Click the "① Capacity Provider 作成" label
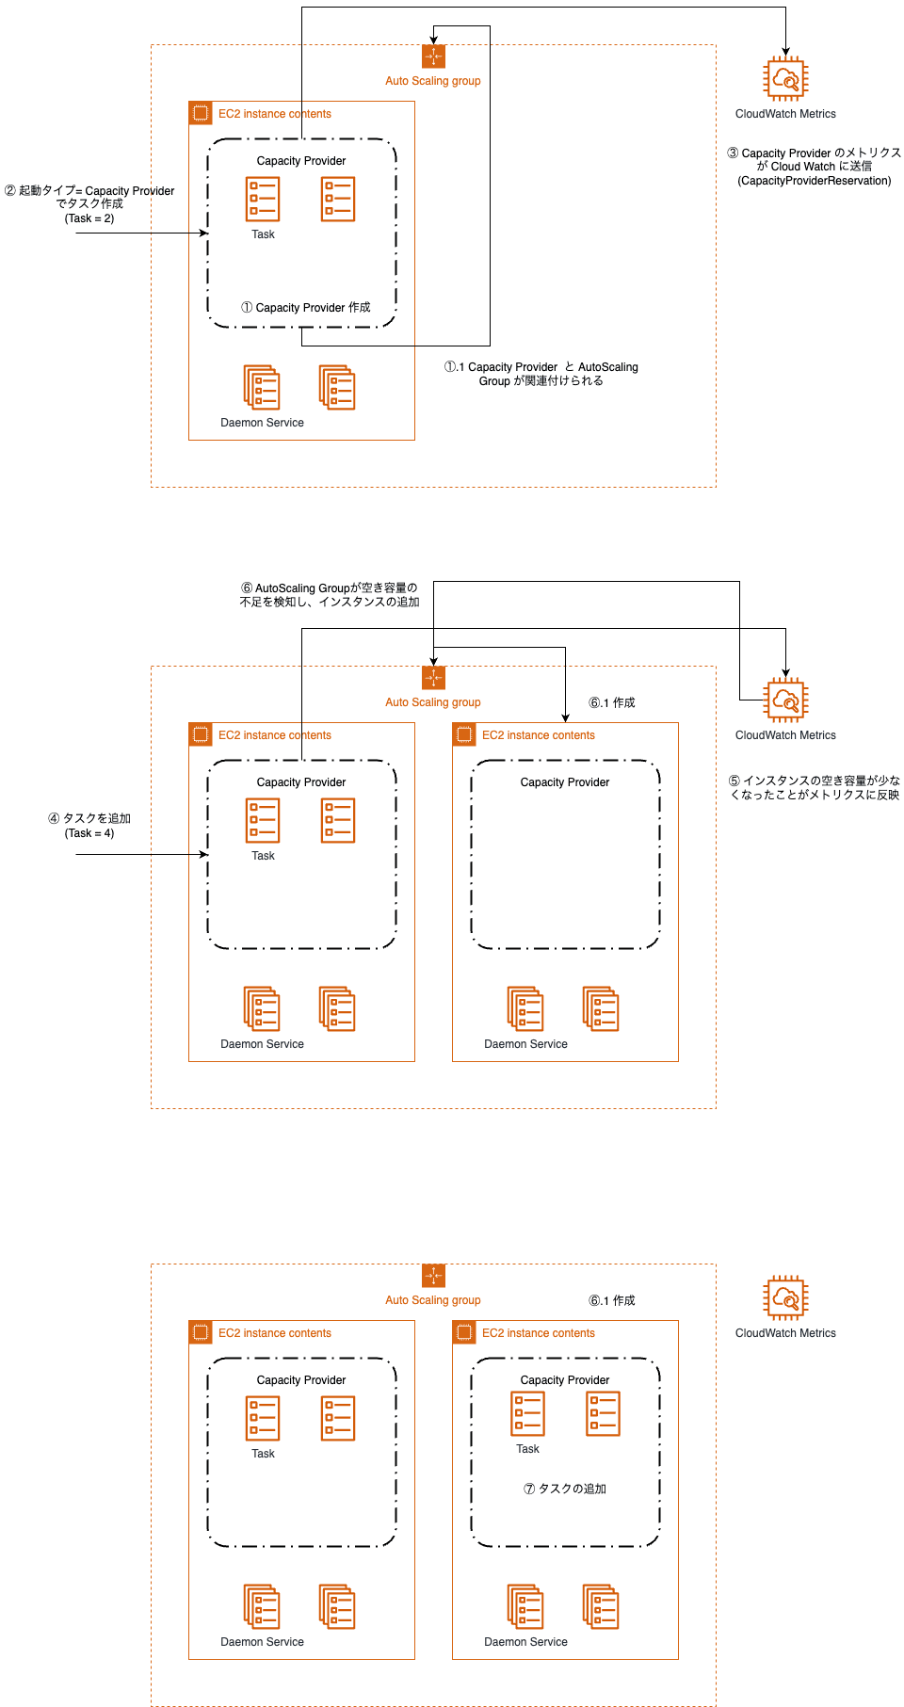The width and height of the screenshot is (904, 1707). (x=306, y=308)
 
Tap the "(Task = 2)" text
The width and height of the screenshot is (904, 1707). (x=89, y=218)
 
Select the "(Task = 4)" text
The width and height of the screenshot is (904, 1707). (x=89, y=833)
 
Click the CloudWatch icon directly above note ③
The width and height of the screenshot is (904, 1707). (x=785, y=79)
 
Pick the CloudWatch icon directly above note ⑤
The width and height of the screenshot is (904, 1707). (x=785, y=701)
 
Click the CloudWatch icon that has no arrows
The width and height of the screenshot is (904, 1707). (x=785, y=1298)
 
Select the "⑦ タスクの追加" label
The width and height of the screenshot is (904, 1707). (x=565, y=1489)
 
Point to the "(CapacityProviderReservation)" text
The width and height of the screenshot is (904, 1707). (x=815, y=181)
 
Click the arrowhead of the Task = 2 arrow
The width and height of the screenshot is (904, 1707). (x=204, y=233)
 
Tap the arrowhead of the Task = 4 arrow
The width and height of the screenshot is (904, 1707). (x=204, y=854)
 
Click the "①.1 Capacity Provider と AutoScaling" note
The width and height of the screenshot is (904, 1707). (x=541, y=367)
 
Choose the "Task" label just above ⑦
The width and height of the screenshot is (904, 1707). (x=527, y=1449)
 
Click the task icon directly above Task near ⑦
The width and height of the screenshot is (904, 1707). (x=527, y=1414)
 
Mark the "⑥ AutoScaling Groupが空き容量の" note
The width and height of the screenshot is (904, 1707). (x=330, y=588)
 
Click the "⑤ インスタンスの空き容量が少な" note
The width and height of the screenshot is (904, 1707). (x=815, y=781)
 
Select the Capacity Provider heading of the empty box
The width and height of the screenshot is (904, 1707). (x=565, y=782)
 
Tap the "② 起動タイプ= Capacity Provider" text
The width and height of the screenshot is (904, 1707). (x=89, y=191)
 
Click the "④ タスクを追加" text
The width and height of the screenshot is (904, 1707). (x=89, y=819)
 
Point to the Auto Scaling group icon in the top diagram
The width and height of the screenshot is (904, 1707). (x=433, y=56)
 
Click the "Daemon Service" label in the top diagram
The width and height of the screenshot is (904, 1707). (x=262, y=423)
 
